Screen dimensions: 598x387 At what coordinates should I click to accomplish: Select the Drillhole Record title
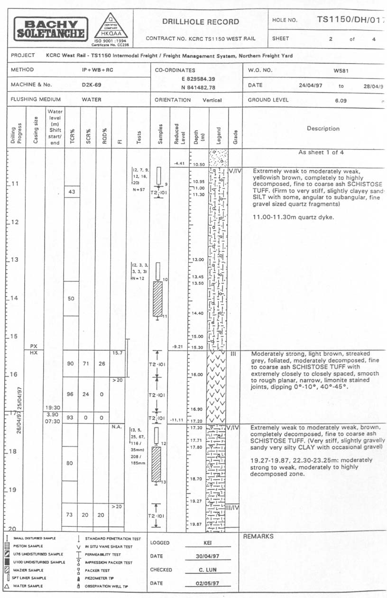point(201,21)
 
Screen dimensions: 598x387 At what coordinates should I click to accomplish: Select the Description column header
point(323,128)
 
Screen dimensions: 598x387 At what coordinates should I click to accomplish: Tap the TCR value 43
point(72,191)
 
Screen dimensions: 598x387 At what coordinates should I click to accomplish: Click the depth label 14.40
point(197,313)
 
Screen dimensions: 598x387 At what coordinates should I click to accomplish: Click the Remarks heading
point(258,536)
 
